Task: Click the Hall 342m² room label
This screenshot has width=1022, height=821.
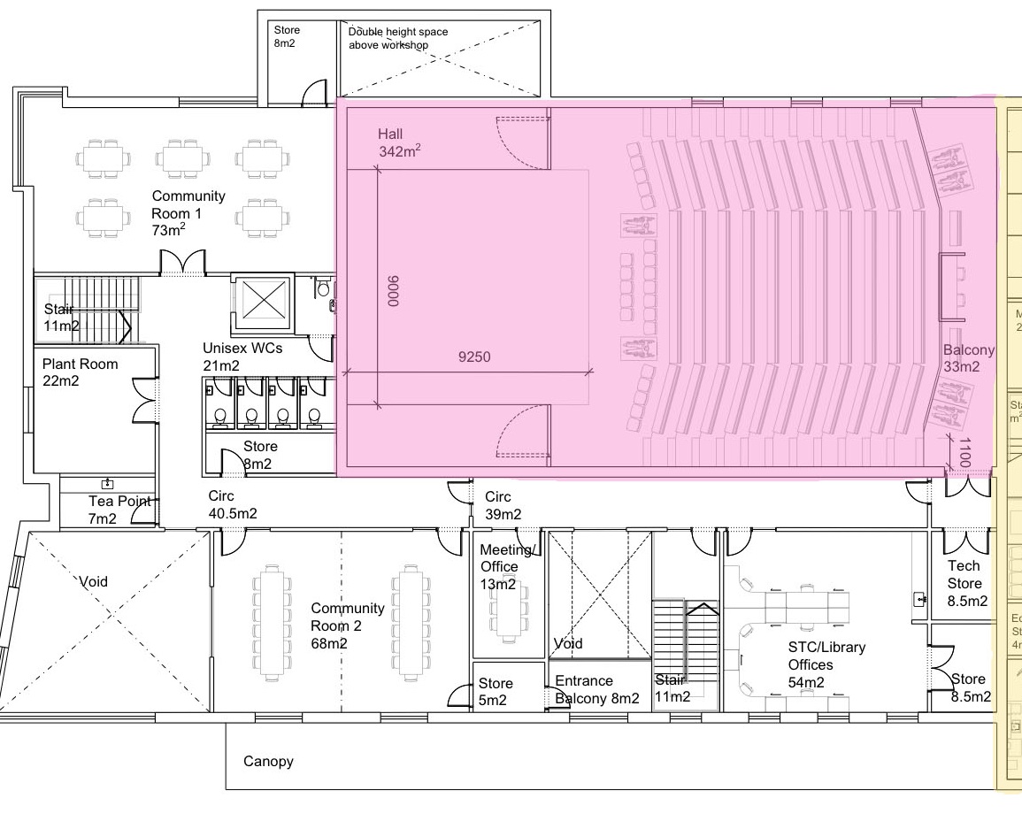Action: (399, 142)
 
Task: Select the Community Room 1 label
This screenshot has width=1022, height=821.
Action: (188, 213)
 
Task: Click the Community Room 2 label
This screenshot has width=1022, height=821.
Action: (347, 625)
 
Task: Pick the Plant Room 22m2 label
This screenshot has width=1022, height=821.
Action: (80, 372)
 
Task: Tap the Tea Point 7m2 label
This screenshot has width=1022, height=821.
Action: (112, 510)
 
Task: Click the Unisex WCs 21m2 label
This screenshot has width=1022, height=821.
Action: (242, 357)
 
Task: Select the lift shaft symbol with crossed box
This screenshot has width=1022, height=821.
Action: (261, 301)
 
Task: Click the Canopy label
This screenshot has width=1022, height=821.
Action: (268, 761)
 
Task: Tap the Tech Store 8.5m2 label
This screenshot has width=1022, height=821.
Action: (966, 583)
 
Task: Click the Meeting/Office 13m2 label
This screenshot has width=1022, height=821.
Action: (506, 567)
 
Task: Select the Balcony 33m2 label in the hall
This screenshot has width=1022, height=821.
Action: (968, 358)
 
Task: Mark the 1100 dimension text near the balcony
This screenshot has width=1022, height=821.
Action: (965, 452)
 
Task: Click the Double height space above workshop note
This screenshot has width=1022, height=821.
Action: (398, 38)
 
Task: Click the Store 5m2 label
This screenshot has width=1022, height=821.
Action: (495, 691)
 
